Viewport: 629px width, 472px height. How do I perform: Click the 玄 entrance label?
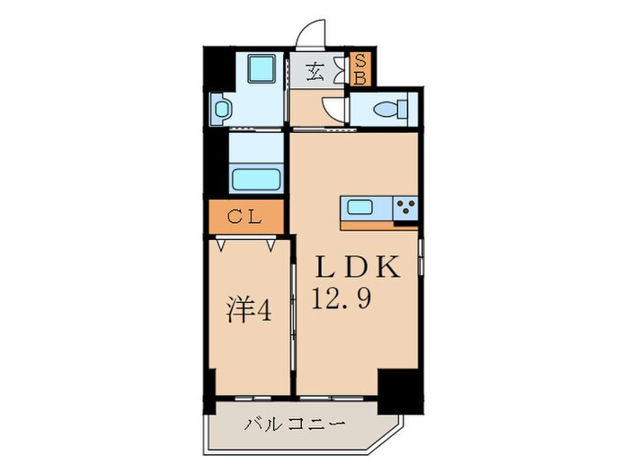coord(315,71)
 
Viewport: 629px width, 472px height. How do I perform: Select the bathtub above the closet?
coord(257,176)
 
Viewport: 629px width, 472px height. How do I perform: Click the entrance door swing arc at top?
coord(311,37)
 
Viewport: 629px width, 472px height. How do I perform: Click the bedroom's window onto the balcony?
coord(252,396)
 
